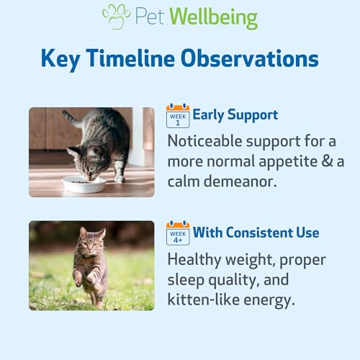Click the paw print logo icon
116,17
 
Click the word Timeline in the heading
130,58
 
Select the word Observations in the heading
250,58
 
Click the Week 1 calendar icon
178,116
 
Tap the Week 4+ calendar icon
178,233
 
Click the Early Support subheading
235,115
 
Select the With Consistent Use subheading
256,233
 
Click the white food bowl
84,184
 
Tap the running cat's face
90,244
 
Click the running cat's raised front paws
85,279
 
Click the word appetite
288,162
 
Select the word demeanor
240,181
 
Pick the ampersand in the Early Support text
327,161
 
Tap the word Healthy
194,261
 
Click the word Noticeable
204,141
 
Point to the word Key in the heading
60,59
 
